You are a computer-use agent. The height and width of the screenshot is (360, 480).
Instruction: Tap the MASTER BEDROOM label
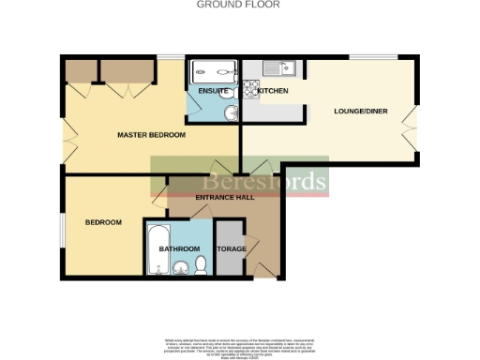coord(151,136)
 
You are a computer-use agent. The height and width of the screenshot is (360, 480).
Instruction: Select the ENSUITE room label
coord(212,91)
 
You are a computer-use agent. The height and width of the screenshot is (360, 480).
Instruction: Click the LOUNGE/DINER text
coord(359,112)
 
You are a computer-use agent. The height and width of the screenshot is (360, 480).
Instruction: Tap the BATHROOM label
coord(179,248)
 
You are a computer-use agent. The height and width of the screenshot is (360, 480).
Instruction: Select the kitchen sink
coord(280,67)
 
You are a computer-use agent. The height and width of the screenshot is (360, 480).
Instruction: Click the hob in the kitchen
coord(251,90)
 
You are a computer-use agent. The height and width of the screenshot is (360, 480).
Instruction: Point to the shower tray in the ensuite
coord(212,71)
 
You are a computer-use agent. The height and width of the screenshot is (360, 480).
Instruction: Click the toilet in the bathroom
coord(199,268)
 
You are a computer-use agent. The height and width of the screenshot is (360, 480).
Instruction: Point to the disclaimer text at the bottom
coord(240,344)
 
